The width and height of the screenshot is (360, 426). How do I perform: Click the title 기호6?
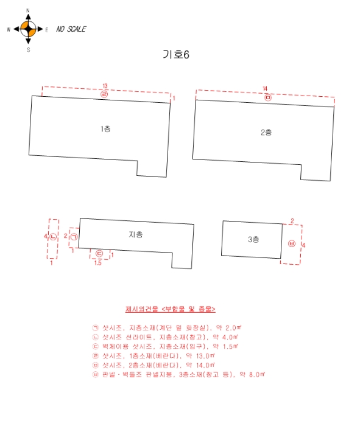pos(176,55)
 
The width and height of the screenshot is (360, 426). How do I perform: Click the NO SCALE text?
pos(71,29)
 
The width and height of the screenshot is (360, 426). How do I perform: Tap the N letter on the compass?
pos(28,10)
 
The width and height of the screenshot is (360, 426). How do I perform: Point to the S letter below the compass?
pos(28,50)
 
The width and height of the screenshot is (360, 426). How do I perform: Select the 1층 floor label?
pos(105,129)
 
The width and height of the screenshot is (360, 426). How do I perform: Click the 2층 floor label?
pos(266,132)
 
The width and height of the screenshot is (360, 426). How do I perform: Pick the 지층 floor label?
pos(136,234)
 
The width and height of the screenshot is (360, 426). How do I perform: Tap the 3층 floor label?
pos(253,239)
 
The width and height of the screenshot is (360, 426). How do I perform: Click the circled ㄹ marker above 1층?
pos(104,94)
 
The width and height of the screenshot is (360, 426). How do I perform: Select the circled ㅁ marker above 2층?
pos(268,97)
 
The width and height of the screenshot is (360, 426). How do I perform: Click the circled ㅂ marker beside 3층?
pos(292,243)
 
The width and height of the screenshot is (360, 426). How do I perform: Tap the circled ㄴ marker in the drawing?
pos(53,237)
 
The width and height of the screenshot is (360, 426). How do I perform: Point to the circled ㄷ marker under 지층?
pos(99,254)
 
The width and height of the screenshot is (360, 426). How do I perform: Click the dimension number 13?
pos(105,86)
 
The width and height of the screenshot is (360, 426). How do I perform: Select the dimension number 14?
pos(265,89)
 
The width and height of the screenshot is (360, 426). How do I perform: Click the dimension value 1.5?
pos(98,263)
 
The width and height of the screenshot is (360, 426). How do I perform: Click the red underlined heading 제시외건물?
pos(142,309)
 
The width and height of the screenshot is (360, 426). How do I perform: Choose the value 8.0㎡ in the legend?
pos(257,374)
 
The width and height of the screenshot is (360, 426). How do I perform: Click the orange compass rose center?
pos(28,29)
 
